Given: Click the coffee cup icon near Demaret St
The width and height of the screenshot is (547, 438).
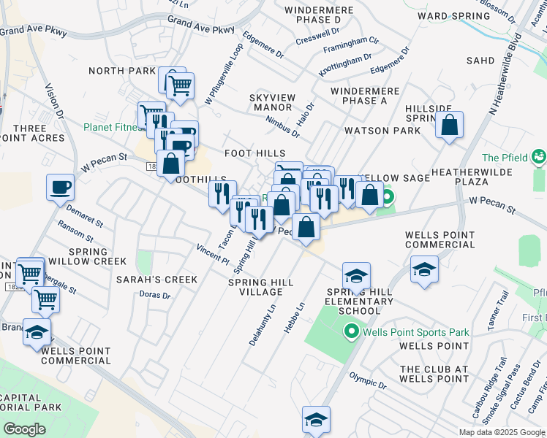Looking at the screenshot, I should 61,187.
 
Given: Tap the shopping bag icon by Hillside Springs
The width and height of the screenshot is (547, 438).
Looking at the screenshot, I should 450,125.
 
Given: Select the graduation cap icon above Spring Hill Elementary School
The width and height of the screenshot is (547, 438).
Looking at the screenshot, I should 356,275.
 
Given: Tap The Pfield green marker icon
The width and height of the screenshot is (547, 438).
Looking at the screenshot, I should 538,156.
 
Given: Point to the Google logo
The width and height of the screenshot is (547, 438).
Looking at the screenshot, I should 24,429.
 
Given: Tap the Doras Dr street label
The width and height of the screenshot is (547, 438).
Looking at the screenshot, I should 154,296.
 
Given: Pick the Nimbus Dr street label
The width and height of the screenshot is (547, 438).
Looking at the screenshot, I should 283,127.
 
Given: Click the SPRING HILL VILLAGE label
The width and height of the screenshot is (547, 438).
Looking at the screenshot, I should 261,287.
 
